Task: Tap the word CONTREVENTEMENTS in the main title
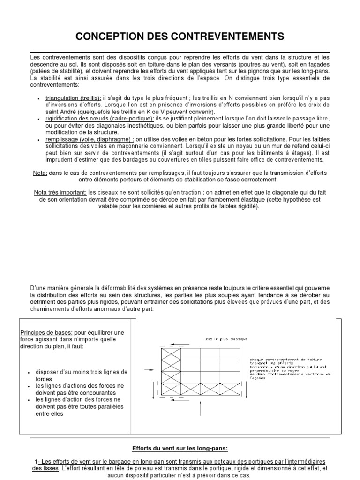(228, 36)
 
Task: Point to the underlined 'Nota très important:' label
(60, 193)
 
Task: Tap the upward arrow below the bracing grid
(201, 408)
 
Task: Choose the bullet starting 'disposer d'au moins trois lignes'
(77, 375)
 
